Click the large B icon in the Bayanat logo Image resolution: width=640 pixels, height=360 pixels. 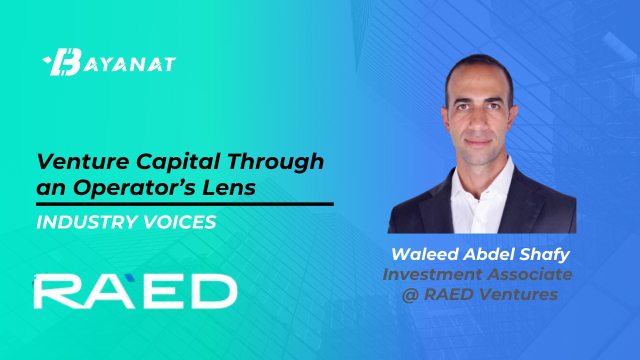tap(65, 62)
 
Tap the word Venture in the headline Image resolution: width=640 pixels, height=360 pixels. tap(83, 161)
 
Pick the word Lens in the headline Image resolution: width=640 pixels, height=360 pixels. tap(229, 187)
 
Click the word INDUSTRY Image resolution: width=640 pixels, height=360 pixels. tap(87, 222)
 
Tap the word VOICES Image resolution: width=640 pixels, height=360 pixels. tap(179, 222)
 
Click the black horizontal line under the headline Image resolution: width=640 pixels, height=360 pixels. tap(185, 204)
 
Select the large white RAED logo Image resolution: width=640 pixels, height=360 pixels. tap(135, 291)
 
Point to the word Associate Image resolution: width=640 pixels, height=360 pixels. tap(530, 274)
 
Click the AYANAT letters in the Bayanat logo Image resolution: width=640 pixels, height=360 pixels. tap(129, 64)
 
